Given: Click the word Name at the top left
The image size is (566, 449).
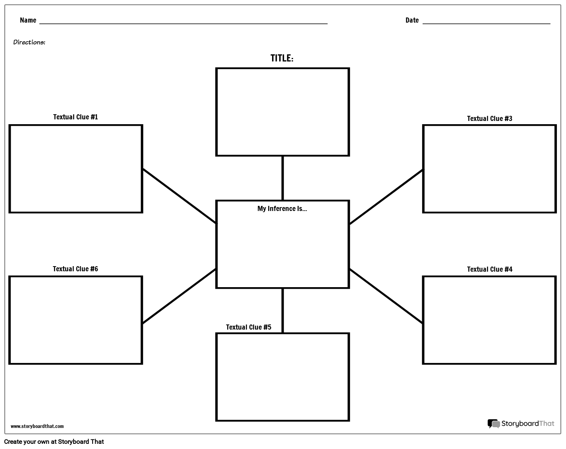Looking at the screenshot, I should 28,20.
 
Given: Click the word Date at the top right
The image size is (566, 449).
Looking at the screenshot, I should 412,20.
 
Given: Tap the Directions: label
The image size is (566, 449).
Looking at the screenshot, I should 29,42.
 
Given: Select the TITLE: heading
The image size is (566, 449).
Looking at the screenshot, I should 282,58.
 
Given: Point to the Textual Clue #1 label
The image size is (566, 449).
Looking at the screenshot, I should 75,117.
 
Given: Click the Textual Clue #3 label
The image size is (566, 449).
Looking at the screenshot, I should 489,119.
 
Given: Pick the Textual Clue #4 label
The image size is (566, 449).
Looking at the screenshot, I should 489,269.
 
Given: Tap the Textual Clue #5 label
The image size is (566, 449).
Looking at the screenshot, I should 249,327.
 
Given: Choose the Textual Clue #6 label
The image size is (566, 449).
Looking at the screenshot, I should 75,269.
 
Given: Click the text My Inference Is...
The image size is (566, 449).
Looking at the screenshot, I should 282,209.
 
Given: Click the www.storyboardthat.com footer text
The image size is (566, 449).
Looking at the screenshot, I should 37,426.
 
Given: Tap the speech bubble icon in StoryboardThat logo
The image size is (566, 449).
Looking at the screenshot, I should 494,424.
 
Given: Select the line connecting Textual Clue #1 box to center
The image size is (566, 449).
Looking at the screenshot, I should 180,196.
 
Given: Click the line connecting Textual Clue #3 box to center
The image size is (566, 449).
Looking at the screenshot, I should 386,197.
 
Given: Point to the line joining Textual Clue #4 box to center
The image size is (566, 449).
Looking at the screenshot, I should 386,296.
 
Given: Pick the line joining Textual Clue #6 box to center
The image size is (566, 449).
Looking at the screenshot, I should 180,296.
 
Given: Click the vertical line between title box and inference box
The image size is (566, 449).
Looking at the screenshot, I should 282,178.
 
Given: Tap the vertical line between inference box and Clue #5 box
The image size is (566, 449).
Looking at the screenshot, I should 282,311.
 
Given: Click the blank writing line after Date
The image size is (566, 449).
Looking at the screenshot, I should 486,23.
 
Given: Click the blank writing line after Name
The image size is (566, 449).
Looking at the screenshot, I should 183,23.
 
